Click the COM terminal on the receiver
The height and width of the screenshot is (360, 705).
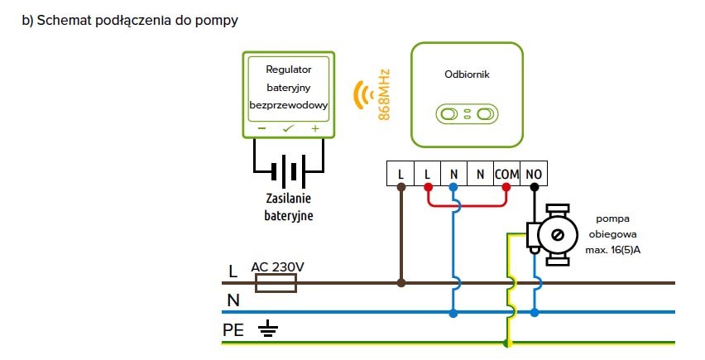coord(506,174)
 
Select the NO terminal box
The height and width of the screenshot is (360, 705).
coord(534,174)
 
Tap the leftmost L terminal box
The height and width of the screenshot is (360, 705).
coord(401,174)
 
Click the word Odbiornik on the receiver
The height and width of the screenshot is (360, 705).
coord(467,74)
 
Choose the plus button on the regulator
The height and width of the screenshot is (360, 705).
coord(314,129)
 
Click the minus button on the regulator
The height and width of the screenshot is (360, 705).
coord(261,129)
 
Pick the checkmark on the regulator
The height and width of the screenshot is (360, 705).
coord(288,129)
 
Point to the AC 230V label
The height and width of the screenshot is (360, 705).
coord(277,266)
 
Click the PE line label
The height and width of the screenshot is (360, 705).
coord(233,330)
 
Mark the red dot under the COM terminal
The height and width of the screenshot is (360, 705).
coord(506,187)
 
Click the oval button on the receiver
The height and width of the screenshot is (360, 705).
coord(467,113)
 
